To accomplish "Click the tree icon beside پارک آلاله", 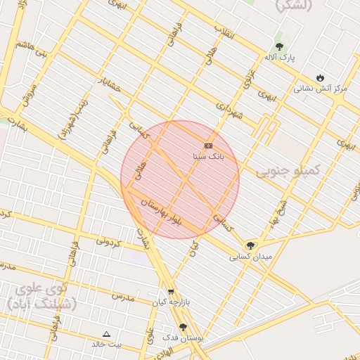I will coord(279,46).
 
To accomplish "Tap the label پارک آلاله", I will coord(280,56).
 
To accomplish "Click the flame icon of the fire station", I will coord(321,77).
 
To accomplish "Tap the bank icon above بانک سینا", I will coord(208,146).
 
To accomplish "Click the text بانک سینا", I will coord(208,156).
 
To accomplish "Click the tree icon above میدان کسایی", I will coord(250,245).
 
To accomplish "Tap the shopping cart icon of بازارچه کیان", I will coord(171,292).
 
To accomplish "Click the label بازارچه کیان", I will coord(173,302).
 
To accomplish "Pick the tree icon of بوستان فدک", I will coord(183,327).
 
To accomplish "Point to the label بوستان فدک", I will coord(182,338).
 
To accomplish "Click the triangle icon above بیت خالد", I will coord(106,334).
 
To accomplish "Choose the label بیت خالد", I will coord(106,345).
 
